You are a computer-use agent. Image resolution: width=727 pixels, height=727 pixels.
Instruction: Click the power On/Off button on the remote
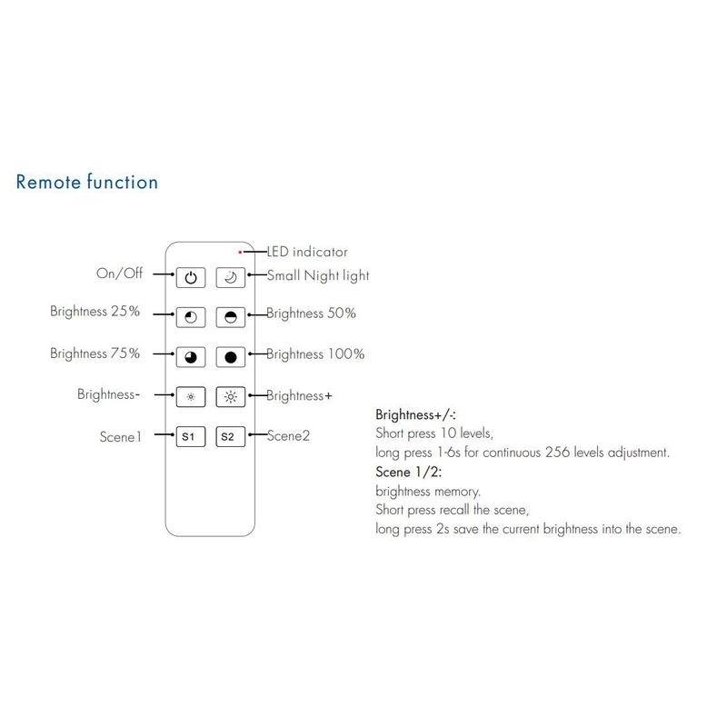click(191, 278)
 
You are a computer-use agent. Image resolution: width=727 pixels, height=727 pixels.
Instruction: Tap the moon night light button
click(231, 278)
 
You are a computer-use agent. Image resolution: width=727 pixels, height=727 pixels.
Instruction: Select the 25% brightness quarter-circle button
click(191, 317)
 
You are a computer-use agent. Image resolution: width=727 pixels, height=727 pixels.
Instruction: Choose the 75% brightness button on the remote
click(191, 357)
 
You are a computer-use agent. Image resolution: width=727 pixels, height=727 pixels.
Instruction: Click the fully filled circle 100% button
click(231, 357)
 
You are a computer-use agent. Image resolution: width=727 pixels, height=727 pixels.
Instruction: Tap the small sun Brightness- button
click(191, 397)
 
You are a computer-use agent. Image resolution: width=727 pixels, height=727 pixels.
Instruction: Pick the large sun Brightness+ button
click(231, 397)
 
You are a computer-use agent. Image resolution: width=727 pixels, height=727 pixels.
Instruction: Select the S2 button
click(231, 437)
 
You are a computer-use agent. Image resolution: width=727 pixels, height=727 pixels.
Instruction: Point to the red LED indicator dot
click(240, 253)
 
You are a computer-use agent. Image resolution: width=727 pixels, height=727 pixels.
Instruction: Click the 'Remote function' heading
click(87, 182)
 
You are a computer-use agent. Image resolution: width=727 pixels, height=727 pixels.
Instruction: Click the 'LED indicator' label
click(307, 252)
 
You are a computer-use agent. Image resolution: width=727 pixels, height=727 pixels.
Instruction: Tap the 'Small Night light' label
click(318, 276)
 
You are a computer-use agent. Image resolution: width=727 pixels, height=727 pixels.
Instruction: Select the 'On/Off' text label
click(120, 274)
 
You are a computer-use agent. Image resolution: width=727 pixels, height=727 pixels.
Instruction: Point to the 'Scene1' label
click(120, 437)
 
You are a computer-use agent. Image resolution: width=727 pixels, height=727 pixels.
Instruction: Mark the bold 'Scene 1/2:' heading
click(408, 472)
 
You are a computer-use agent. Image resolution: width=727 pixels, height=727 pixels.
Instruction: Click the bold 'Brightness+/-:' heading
click(415, 414)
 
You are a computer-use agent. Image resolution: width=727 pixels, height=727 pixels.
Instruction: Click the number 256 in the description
click(557, 452)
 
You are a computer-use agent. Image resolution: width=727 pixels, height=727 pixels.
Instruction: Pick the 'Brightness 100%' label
click(315, 354)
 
